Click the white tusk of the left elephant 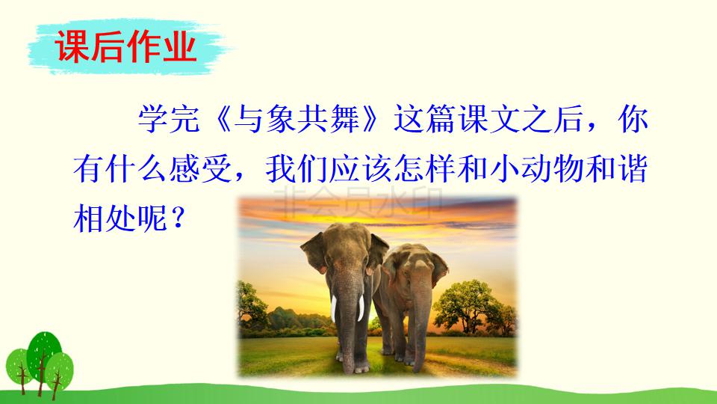pos(362,307)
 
